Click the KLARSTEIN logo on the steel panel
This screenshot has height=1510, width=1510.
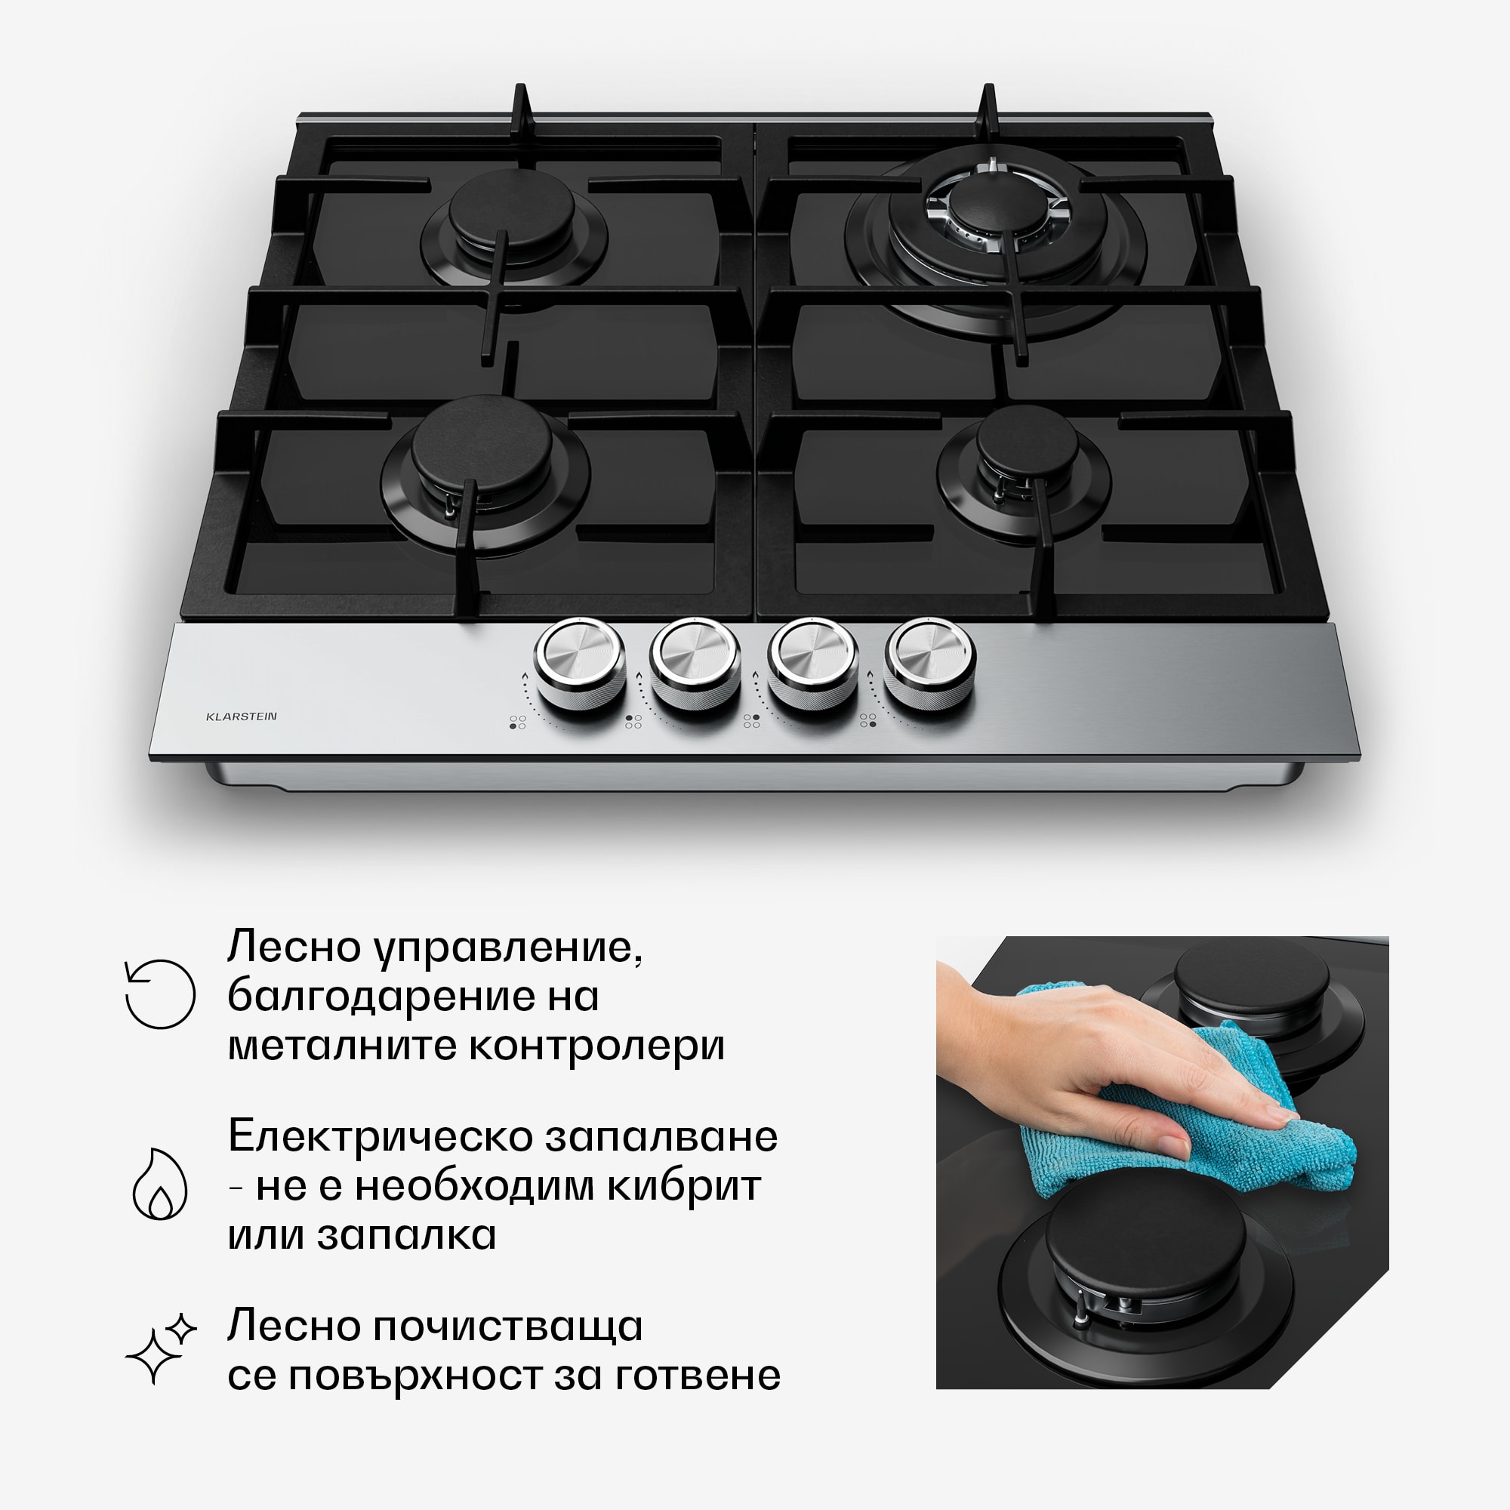click(x=241, y=716)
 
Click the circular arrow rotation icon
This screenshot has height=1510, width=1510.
click(x=160, y=994)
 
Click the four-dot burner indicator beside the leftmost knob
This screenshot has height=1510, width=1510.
click(x=517, y=723)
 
